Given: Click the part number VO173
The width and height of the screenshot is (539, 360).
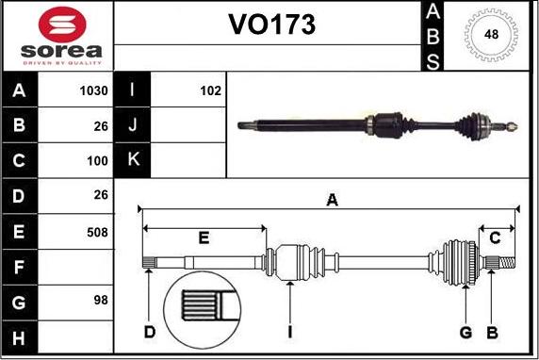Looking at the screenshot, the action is (270, 25).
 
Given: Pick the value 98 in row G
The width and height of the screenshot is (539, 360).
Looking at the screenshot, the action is (100, 301).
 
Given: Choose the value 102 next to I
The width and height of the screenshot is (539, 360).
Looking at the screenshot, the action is (210, 91).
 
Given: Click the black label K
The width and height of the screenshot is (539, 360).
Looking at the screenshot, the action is (132, 161).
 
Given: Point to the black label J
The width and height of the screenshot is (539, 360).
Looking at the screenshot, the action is (132, 126).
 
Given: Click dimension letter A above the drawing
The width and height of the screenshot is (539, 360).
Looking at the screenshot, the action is (331, 199).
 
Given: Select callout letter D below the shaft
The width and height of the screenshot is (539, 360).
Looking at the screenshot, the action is (149, 332).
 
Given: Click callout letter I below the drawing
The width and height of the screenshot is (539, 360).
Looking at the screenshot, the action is (290, 332).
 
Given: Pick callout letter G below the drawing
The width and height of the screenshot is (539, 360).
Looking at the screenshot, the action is (465, 332).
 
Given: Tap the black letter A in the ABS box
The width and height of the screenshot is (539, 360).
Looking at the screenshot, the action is (433, 11).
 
